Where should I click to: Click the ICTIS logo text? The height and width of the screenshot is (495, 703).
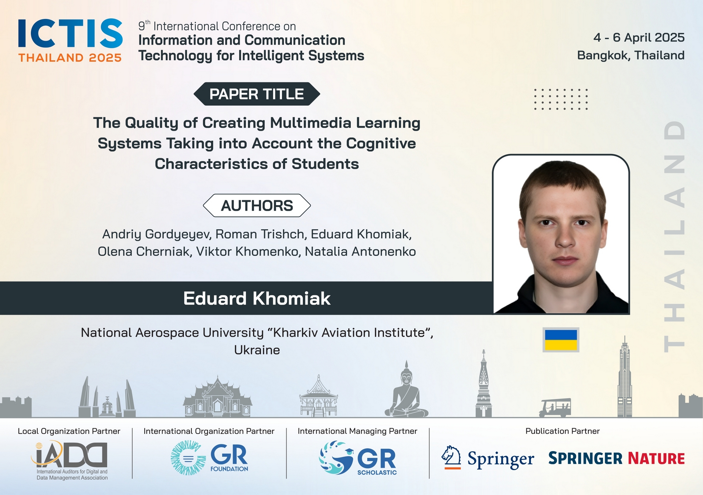coord(70,33)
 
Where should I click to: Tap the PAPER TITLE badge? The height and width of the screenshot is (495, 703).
coord(257,94)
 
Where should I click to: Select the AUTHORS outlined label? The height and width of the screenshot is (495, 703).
coord(257,205)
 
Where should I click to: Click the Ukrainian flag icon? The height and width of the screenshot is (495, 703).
coord(561,340)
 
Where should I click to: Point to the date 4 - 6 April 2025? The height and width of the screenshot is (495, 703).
coord(639,37)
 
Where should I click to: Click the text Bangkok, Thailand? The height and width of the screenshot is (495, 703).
coord(631,55)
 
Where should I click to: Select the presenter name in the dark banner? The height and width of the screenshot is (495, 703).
coord(257,298)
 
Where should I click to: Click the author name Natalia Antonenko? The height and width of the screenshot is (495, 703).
coord(360,252)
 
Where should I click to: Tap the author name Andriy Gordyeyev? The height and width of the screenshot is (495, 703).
coord(157,234)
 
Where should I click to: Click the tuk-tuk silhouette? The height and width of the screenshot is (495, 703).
coord(555,408)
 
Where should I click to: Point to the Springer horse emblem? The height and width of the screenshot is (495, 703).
coord(451,457)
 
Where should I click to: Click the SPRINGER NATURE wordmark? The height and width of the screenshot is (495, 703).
coord(617,458)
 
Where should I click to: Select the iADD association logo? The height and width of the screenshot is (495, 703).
coord(70,460)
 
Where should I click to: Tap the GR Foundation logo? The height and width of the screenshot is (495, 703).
coord(209,458)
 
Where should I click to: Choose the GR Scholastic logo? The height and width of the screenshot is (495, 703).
coord(358,458)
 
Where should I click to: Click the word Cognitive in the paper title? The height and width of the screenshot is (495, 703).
coord(381,143)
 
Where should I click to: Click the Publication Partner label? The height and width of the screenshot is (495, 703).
coord(562,431)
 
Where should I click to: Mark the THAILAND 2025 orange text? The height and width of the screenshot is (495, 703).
coord(70,58)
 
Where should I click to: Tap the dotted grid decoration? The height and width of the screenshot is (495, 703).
coord(561,99)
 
